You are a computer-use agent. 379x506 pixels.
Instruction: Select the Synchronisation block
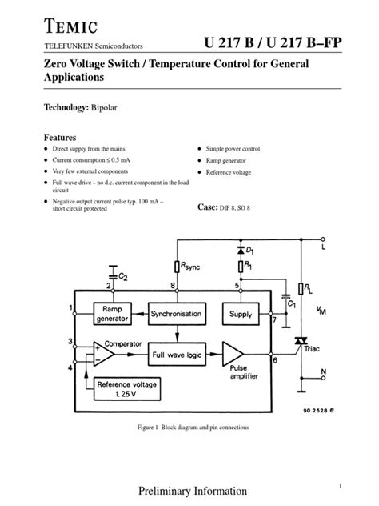click(175, 315)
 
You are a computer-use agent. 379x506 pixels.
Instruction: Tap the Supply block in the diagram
click(239, 315)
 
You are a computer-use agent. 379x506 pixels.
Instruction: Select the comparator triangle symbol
click(103, 353)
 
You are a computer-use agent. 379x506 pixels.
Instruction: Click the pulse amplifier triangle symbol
click(233, 354)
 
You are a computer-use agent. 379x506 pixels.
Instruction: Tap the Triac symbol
click(301, 342)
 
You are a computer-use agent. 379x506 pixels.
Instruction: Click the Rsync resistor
click(176, 267)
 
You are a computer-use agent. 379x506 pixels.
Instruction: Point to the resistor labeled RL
click(301, 287)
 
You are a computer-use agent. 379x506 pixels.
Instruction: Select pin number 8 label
click(174, 285)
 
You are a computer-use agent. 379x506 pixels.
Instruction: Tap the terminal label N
click(322, 370)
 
